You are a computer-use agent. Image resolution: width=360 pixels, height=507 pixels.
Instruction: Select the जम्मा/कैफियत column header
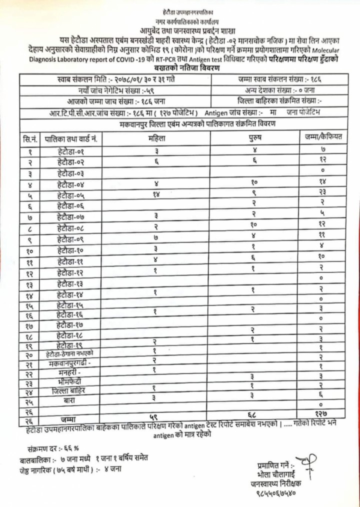(322, 136)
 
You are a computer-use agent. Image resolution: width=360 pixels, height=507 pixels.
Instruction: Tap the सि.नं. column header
(27, 137)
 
